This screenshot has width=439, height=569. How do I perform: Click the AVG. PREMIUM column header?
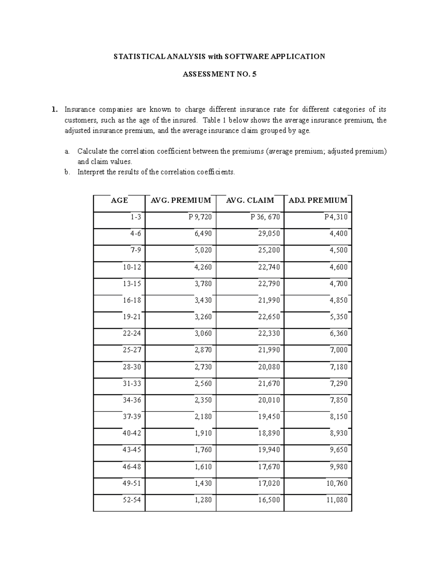pyautogui.click(x=181, y=200)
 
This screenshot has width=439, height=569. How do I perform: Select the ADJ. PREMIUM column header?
pyautogui.click(x=318, y=200)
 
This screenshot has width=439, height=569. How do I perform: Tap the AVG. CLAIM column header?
pyautogui.click(x=250, y=200)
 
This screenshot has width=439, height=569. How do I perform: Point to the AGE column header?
pyautogui.click(x=119, y=200)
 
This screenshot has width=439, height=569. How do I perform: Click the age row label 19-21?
pyautogui.click(x=132, y=317)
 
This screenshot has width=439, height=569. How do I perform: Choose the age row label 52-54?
pyautogui.click(x=132, y=500)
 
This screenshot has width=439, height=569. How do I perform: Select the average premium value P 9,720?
pyautogui.click(x=200, y=217)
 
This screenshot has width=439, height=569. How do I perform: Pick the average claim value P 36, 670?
pyautogui.click(x=265, y=217)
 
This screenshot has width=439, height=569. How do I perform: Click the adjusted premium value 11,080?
pyautogui.click(x=337, y=500)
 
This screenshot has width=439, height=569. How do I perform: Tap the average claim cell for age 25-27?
pyautogui.click(x=269, y=350)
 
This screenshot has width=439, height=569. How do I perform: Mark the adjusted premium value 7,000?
pyautogui.click(x=339, y=350)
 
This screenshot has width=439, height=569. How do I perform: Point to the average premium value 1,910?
pyautogui.click(x=203, y=433)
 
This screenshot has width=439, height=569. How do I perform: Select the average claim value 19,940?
pyautogui.click(x=269, y=450)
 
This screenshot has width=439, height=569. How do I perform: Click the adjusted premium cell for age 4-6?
pyautogui.click(x=339, y=233)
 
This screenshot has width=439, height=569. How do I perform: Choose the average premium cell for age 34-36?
pyautogui.click(x=203, y=400)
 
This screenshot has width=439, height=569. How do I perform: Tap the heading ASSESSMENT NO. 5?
pyautogui.click(x=219, y=74)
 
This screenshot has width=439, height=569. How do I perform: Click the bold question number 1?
pyautogui.click(x=54, y=109)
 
